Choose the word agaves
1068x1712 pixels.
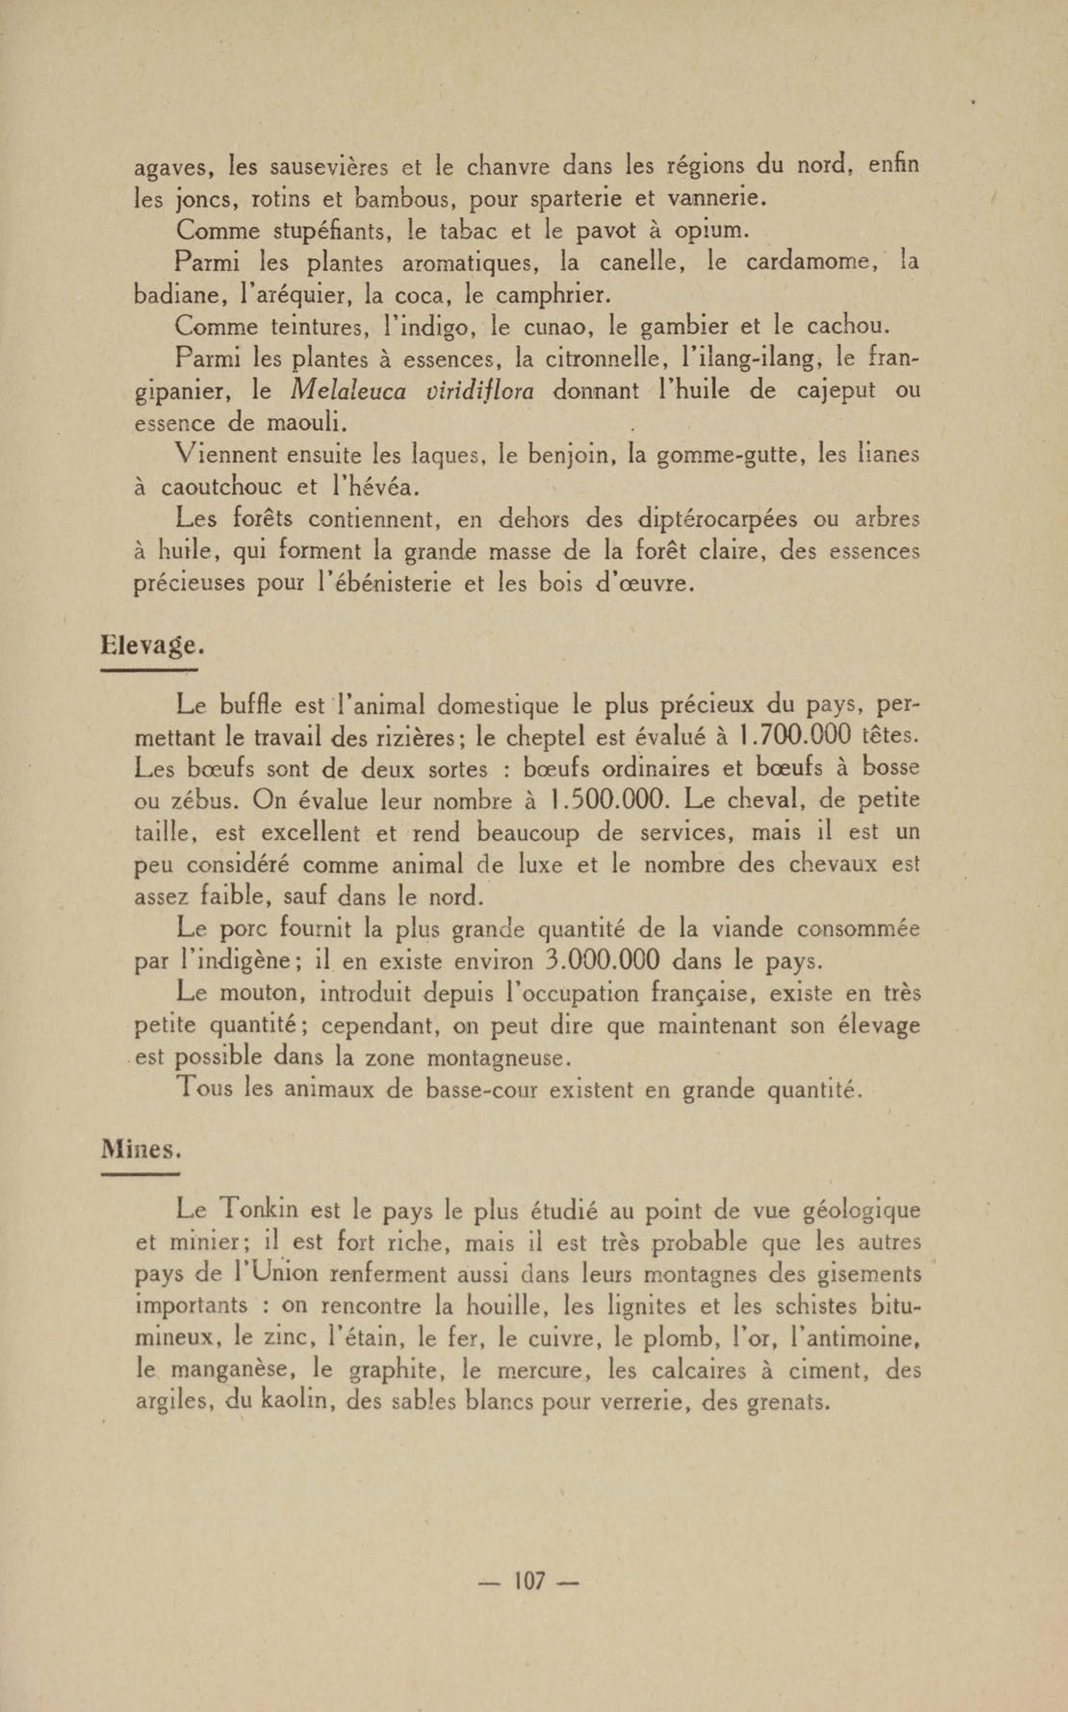point(174,168)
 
